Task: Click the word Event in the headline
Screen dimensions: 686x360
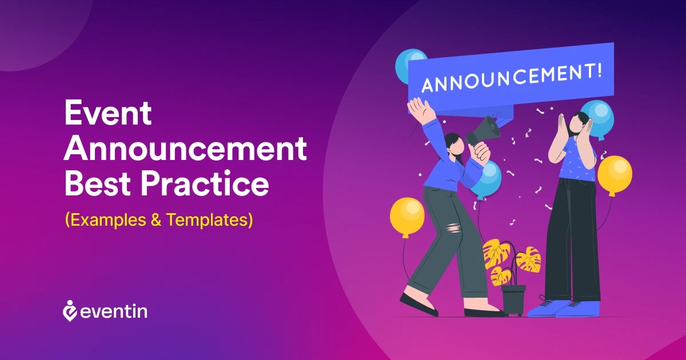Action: pyautogui.click(x=108, y=113)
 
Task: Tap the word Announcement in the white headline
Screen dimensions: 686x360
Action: pyautogui.click(x=185, y=149)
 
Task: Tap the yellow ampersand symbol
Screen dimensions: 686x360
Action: pyautogui.click(x=156, y=219)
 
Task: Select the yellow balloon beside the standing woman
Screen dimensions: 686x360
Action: pyautogui.click(x=615, y=175)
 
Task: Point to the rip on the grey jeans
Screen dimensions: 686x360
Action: pyautogui.click(x=453, y=229)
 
